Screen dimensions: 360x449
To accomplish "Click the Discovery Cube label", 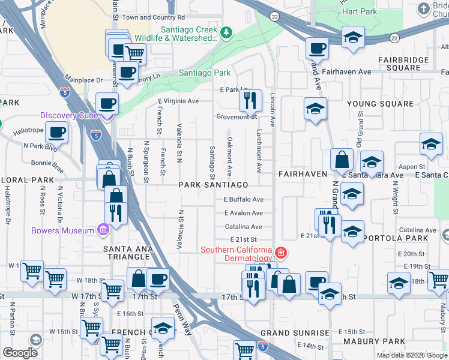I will (69, 115).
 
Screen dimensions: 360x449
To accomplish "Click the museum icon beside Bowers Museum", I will (103, 230).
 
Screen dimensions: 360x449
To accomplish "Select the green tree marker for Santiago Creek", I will (226, 32).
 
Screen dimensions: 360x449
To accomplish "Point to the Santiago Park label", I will (205, 73).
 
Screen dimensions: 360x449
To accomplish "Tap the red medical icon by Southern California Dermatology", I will (280, 251).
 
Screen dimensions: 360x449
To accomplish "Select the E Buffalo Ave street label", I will (244, 199).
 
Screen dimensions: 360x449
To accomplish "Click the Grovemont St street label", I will (237, 117).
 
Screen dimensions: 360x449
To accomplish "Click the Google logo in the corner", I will (20, 352).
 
